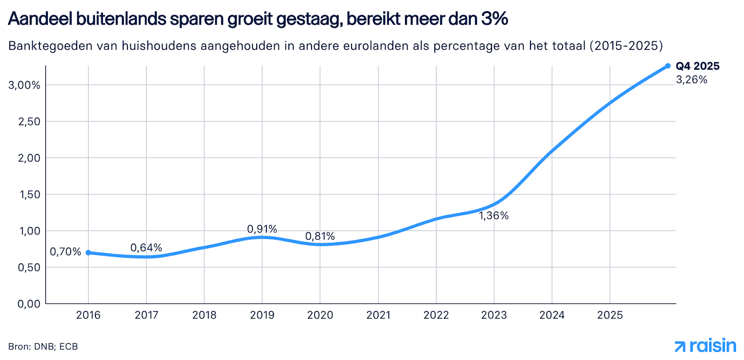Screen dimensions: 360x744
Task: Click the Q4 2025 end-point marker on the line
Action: coord(668,66)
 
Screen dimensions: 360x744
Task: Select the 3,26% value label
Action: coord(691,80)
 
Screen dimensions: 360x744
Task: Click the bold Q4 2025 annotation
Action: coord(697,67)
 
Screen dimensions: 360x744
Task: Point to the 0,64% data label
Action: coord(146,248)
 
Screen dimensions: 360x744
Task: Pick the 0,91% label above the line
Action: coord(262,229)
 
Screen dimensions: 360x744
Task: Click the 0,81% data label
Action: coord(320,236)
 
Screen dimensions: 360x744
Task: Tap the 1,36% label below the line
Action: coord(494,216)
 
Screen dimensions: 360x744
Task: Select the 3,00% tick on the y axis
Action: coord(24,85)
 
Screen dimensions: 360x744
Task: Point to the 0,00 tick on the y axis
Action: coord(29,304)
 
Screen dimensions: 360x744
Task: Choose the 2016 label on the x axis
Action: coord(88,315)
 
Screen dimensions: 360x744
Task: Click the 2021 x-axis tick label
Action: coord(378,315)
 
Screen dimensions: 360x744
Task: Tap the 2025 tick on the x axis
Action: coord(610,315)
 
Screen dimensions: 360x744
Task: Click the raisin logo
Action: coord(705,346)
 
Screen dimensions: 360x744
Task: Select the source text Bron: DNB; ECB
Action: coord(43,347)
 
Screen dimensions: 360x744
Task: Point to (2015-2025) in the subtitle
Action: coord(626,46)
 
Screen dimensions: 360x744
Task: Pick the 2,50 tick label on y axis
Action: coord(29,122)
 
